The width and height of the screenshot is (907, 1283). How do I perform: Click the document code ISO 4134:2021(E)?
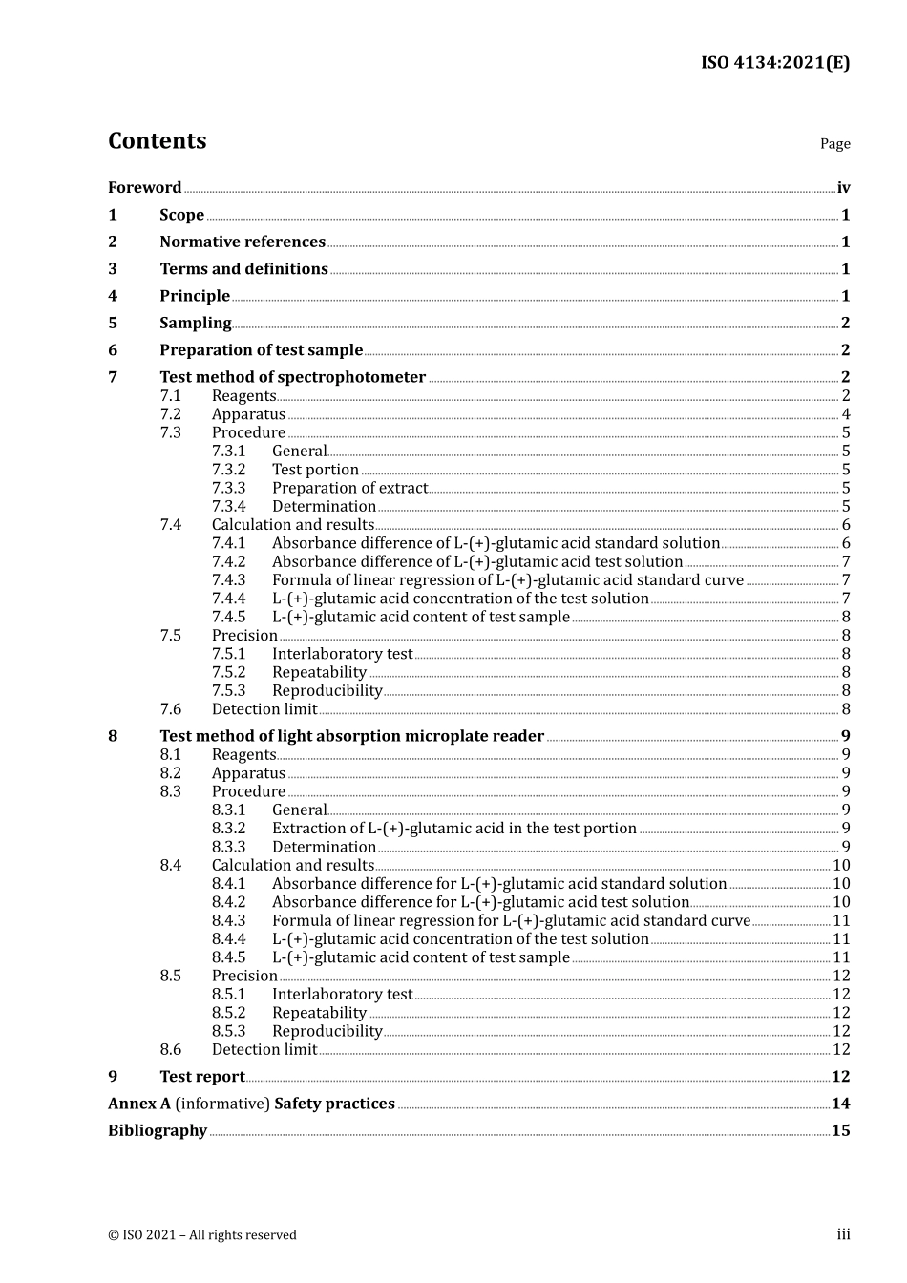coord(774,63)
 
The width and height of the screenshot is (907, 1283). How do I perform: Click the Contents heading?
coord(157,141)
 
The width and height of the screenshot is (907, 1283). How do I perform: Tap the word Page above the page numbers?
coord(834,144)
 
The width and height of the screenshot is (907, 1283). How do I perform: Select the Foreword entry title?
coord(144,188)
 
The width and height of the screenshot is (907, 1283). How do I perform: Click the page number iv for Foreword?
coord(843,188)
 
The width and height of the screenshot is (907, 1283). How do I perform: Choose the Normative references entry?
coord(243,242)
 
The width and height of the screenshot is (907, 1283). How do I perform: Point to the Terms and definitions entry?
coord(243,269)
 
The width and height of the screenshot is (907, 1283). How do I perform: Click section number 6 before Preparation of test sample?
coord(113,350)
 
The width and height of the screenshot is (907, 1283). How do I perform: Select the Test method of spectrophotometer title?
coord(292,377)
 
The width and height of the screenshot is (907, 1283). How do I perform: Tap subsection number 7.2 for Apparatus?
coord(171,414)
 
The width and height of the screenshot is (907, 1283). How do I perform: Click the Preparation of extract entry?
coord(349,488)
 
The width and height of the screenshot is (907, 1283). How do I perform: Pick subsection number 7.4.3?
coord(228,580)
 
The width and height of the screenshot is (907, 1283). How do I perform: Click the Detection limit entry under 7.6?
coord(264,709)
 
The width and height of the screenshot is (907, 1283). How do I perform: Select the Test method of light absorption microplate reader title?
coord(351,736)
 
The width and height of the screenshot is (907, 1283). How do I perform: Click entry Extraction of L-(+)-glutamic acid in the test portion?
coord(453,829)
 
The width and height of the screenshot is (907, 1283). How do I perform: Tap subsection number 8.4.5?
coord(228,957)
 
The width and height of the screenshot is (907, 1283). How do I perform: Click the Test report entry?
coord(202,1077)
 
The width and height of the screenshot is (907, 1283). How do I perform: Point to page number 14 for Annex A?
coord(840,1104)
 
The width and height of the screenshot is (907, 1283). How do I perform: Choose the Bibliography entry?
coord(158,1130)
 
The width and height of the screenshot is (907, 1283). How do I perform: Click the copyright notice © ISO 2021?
coord(202,1235)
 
